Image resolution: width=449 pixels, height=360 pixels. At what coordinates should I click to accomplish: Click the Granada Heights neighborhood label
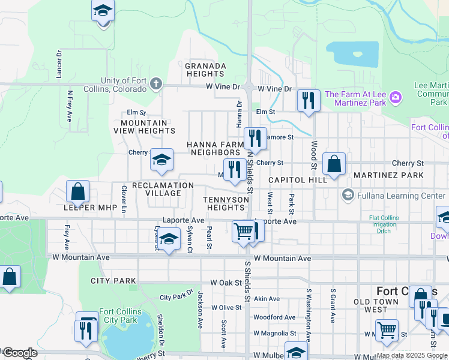tap(205, 70)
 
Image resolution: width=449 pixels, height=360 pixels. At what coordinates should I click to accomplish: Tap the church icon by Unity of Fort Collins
tap(156, 83)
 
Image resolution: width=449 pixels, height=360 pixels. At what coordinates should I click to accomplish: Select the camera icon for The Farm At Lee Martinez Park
tap(396, 97)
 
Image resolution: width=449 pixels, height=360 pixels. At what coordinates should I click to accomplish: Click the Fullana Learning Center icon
tap(347, 195)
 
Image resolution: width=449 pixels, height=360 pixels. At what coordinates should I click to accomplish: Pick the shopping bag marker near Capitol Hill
tap(334, 164)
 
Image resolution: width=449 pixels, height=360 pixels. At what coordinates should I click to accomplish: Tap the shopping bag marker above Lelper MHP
tap(77, 193)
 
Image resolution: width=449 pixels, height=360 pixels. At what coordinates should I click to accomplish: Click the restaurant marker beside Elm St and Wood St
tap(309, 100)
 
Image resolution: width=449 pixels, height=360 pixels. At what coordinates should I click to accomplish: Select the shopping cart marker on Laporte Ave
tap(243, 231)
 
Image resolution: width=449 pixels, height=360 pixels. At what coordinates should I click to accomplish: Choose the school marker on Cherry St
tap(161, 160)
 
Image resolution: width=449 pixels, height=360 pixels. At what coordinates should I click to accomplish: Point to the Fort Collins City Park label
tap(121, 316)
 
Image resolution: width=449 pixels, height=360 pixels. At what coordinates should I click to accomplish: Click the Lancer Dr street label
tap(59, 64)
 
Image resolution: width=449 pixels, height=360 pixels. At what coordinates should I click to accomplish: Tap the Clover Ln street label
tap(124, 199)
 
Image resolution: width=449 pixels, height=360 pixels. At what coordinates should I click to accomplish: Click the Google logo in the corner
tap(20, 353)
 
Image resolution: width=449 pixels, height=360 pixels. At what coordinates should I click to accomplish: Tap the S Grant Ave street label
tap(332, 307)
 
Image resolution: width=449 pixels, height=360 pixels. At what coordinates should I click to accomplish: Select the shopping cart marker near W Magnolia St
tap(387, 330)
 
